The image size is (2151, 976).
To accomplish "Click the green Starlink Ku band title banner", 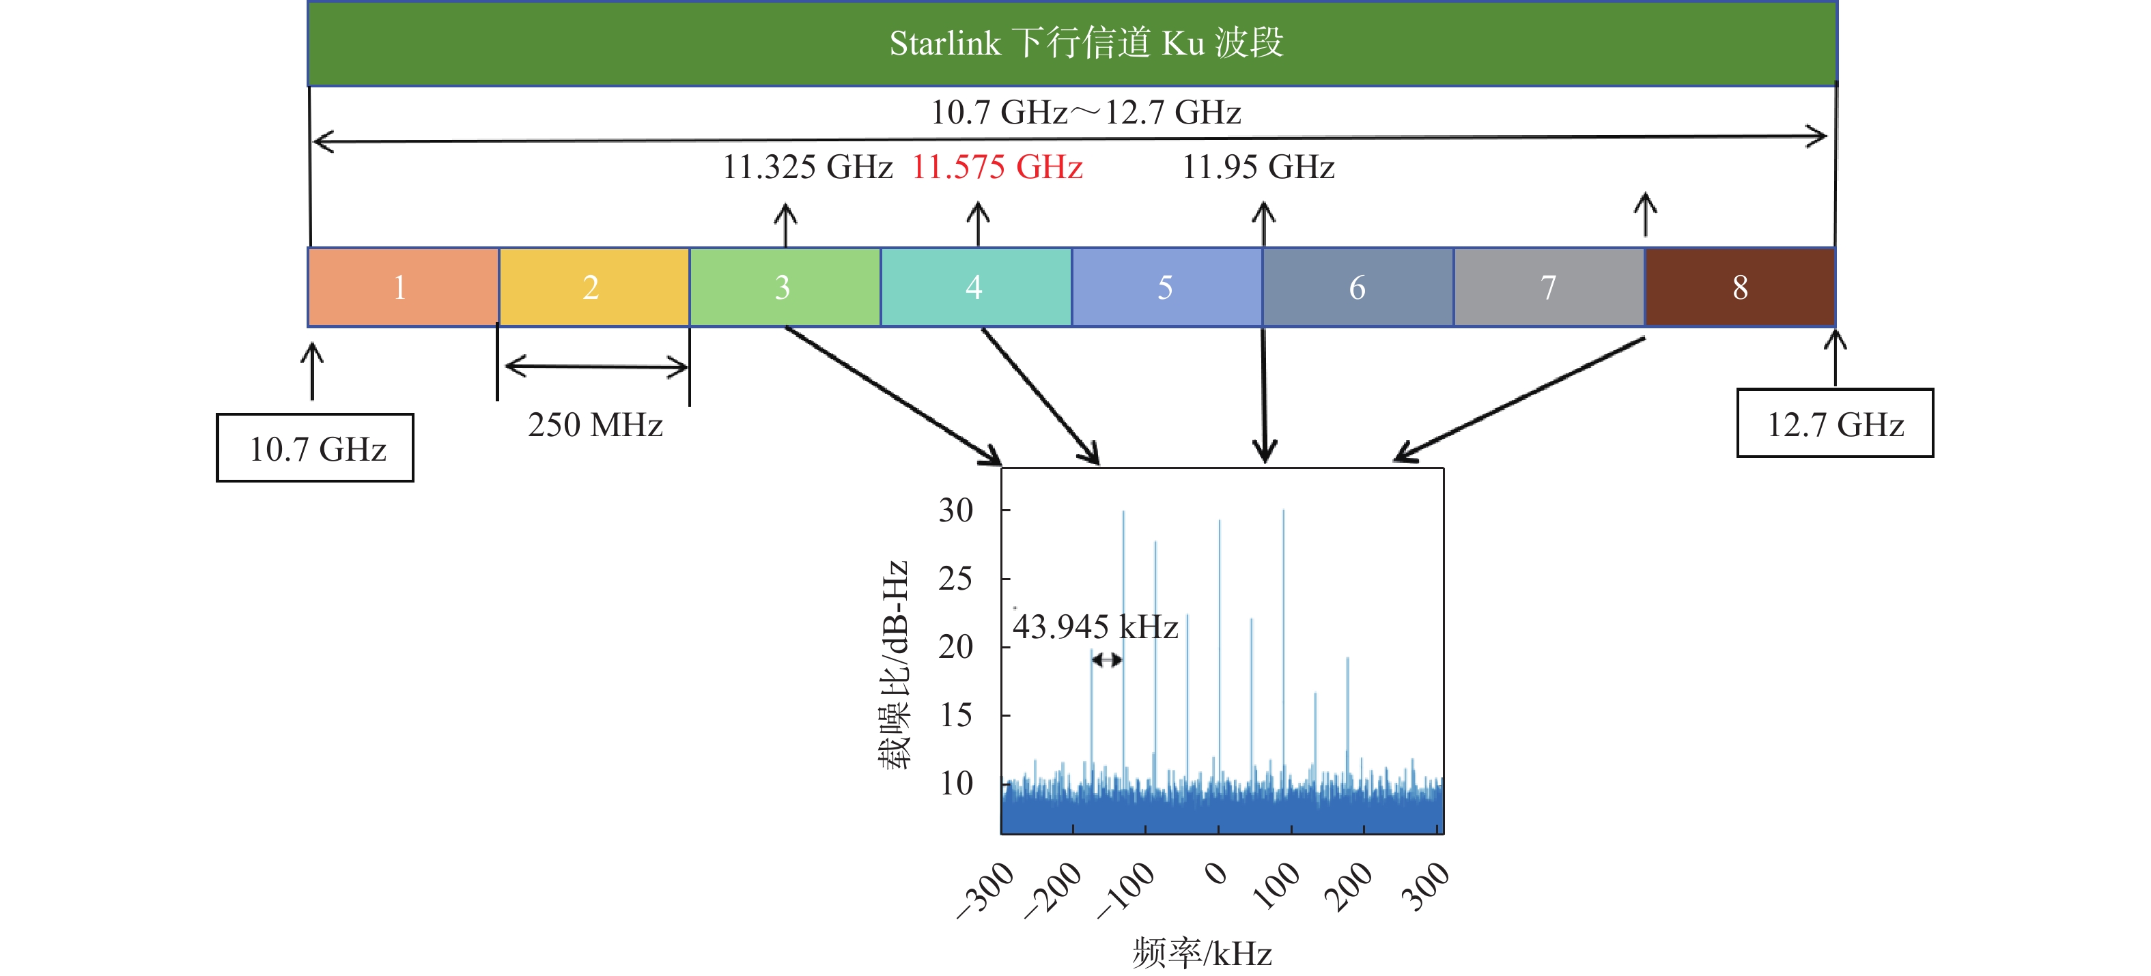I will pos(1071,44).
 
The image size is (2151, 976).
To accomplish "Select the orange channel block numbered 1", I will pos(402,287).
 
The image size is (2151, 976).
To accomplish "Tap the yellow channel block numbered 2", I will pos(593,287).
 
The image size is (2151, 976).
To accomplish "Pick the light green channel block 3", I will pos(784,287).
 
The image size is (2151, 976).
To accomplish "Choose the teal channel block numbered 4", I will pos(975,287).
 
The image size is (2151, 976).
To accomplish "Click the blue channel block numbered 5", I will pos(1166,287).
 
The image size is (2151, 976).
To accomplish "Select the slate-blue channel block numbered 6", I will pos(1358,287).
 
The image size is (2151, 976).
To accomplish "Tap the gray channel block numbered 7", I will pos(1549,287).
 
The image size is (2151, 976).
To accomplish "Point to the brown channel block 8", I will pos(1740,287).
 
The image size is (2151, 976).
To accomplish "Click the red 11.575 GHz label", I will pos(997,167).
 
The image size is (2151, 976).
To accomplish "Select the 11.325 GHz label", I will pos(807,167).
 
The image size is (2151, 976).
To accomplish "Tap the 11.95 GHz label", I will pos(1259,167).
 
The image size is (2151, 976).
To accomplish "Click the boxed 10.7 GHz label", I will pos(315,448).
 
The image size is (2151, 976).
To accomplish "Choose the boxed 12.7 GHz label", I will pos(1835,424).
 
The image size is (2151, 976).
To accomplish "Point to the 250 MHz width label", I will pos(595,425).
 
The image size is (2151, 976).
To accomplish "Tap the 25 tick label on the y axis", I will pos(955,579).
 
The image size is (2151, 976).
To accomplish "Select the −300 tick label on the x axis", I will pos(986,889).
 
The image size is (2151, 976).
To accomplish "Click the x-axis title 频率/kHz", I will pos(1202,953).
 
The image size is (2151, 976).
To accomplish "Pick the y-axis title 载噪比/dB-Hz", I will pos(893,663).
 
